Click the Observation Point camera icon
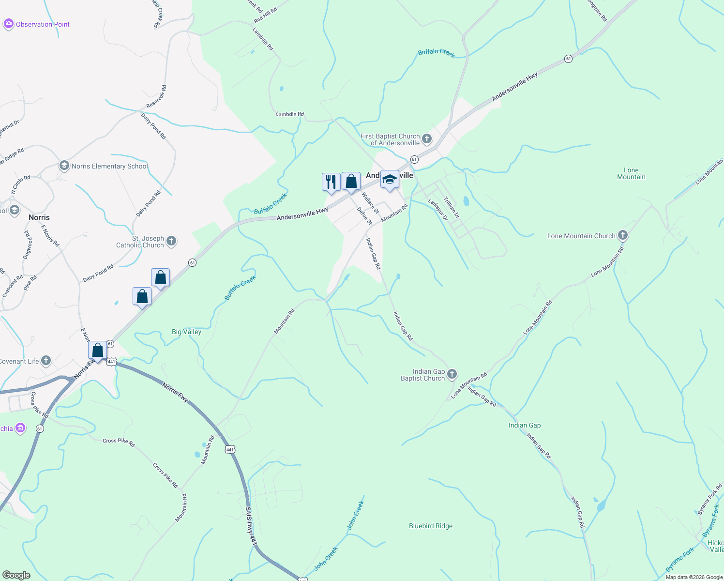(x=8, y=24)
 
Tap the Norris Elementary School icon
(x=64, y=166)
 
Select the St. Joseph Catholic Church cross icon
(x=171, y=241)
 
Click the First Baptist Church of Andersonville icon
(x=426, y=139)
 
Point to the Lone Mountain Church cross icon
(x=623, y=236)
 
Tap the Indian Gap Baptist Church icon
(x=452, y=374)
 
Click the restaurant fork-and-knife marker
(x=331, y=182)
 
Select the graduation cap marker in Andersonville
(x=390, y=180)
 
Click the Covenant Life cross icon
(x=46, y=361)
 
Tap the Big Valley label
(x=186, y=332)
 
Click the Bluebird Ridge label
(x=430, y=526)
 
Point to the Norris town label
(x=39, y=217)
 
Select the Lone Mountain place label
(x=631, y=173)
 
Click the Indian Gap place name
(x=525, y=425)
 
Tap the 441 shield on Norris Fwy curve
(x=230, y=450)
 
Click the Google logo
(x=16, y=575)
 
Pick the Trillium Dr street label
(x=452, y=207)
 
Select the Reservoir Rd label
(x=157, y=97)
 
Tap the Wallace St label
(x=370, y=203)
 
